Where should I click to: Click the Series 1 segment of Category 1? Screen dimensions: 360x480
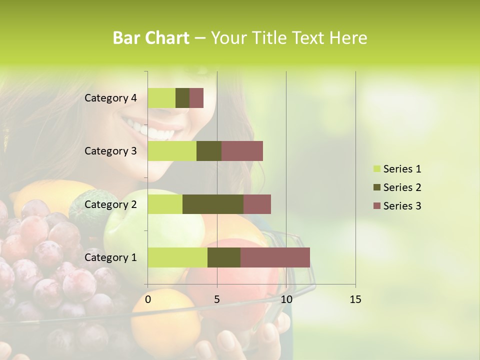[x=177, y=257]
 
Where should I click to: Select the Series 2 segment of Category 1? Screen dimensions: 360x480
[x=224, y=257]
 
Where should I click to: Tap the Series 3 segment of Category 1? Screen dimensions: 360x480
[x=275, y=257]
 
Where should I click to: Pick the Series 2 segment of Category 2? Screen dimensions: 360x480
[x=213, y=204]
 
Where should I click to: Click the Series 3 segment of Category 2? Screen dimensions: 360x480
[x=257, y=204]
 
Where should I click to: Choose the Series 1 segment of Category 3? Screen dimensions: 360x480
[x=172, y=151]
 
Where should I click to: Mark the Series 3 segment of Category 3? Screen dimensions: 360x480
[x=242, y=151]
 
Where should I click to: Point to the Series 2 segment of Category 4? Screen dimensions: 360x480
[x=182, y=98]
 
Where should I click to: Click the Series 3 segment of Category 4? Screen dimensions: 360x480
[x=196, y=98]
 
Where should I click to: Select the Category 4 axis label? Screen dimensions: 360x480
[x=110, y=98]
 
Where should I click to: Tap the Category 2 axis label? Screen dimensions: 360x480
[x=110, y=204]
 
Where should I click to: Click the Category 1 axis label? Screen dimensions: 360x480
[x=110, y=257]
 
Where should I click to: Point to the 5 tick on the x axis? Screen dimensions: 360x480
[x=217, y=299]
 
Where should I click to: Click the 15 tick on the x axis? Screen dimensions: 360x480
[x=355, y=299]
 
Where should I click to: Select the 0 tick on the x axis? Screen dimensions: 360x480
[x=148, y=299]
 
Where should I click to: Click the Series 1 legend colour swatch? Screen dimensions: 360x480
[x=376, y=169]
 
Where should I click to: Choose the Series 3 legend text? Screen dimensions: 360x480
[x=402, y=206]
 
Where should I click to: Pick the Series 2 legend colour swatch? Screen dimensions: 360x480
[x=376, y=187]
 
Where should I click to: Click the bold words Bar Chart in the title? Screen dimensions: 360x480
[x=151, y=38]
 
